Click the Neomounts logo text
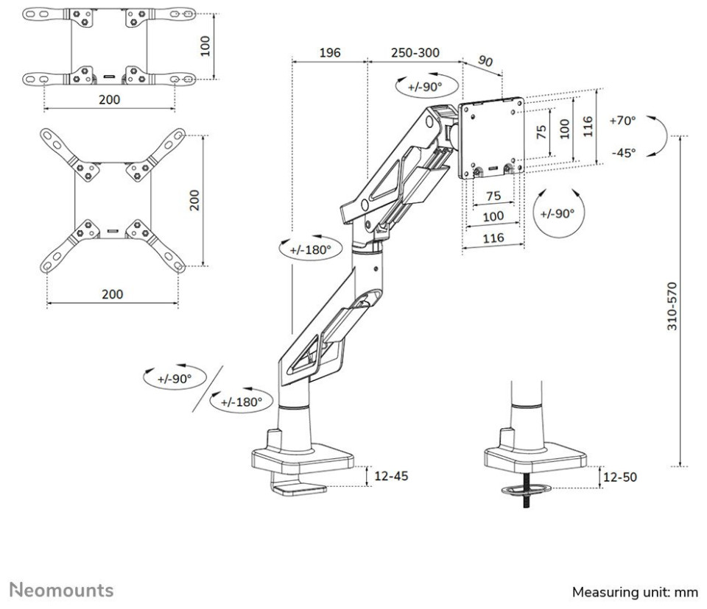61,590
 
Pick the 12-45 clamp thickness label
391,476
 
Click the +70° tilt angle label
623,120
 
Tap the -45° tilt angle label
623,153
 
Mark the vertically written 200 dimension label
194,199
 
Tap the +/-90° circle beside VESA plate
557,213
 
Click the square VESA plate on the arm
491,138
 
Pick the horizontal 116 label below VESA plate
493,238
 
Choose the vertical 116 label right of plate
587,128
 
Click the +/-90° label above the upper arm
420,86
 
